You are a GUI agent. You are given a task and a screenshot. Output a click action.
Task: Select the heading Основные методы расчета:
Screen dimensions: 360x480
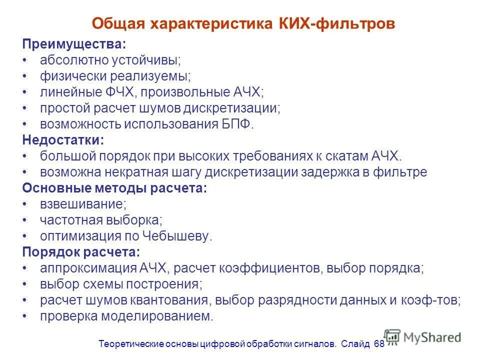(114, 188)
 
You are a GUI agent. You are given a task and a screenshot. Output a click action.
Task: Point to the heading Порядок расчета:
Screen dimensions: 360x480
(80, 252)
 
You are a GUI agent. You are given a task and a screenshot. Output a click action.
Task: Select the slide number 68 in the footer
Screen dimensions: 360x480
(378, 344)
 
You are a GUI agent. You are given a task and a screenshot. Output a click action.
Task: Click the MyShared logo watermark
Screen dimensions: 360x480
(423, 337)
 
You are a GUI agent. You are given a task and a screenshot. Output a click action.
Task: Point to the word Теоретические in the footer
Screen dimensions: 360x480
(128, 344)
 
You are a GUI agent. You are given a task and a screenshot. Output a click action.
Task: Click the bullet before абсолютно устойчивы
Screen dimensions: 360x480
(25, 61)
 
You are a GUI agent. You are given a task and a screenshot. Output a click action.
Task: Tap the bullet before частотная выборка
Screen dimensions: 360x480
(25, 221)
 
